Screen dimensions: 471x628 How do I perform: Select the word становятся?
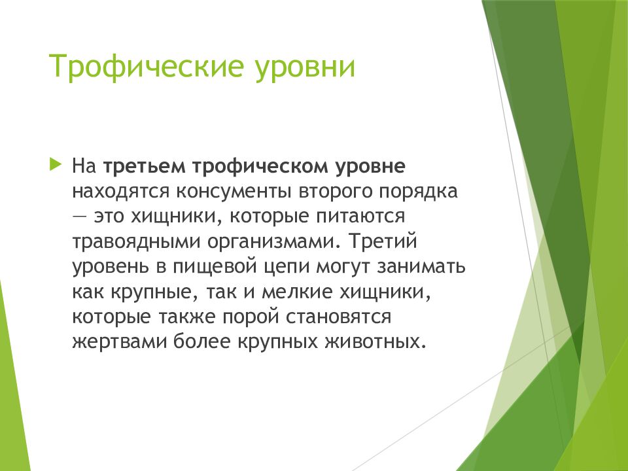pos(339,317)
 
